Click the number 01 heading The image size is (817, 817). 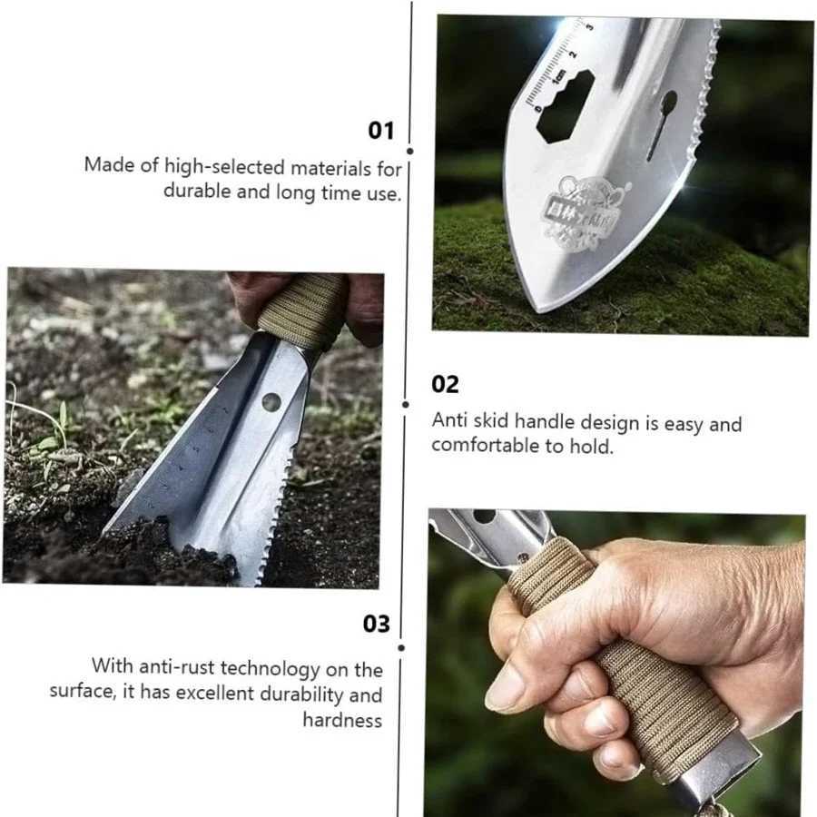point(381,131)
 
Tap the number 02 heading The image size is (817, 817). point(445,384)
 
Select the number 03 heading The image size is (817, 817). point(377,624)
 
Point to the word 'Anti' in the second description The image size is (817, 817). point(448,421)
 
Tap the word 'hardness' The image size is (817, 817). point(342,720)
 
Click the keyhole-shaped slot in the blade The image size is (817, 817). point(662,123)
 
